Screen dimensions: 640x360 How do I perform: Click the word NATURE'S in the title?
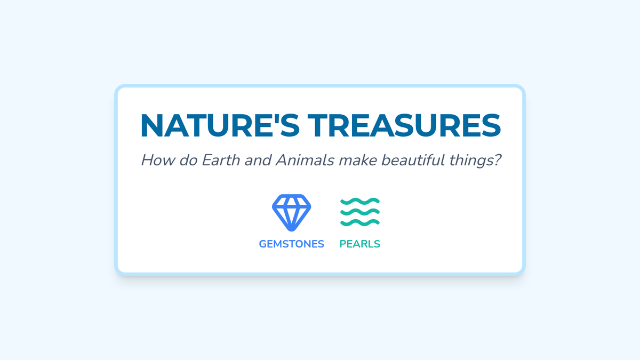point(220,126)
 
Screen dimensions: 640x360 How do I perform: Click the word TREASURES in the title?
point(404,126)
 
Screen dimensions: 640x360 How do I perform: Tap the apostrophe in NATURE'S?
point(277,118)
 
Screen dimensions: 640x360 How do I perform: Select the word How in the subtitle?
point(158,160)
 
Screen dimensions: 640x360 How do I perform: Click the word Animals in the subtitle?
point(305,160)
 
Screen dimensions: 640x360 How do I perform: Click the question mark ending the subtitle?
point(497,160)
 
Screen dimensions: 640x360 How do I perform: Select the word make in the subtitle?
point(358,160)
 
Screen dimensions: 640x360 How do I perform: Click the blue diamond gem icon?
point(291,213)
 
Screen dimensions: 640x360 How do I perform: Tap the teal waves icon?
point(360,212)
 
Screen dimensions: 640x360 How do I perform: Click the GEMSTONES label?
point(291,244)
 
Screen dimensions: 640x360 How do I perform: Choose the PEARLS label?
point(359,244)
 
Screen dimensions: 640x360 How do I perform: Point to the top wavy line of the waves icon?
point(360,201)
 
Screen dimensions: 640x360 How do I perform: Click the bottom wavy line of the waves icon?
point(360,222)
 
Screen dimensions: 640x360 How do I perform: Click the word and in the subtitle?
point(258,160)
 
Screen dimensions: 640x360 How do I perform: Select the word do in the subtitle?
point(188,160)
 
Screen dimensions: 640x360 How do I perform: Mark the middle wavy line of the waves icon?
point(360,212)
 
